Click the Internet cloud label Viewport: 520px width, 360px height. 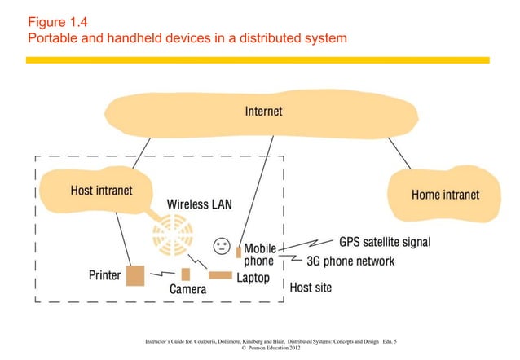[263, 112]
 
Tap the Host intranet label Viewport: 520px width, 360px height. [101, 190]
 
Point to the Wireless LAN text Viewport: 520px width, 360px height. [199, 204]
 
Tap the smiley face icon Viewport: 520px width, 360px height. [221, 245]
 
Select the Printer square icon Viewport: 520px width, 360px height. [134, 275]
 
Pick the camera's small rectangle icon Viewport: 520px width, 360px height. [186, 274]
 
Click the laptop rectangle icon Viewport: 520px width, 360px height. [220, 275]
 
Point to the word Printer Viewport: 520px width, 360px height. [105, 275]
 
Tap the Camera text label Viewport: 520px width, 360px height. [187, 290]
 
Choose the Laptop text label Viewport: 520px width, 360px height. [253, 278]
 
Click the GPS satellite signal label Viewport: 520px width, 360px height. [384, 242]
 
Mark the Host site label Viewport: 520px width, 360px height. [311, 288]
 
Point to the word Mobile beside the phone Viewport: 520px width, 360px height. [260, 248]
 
